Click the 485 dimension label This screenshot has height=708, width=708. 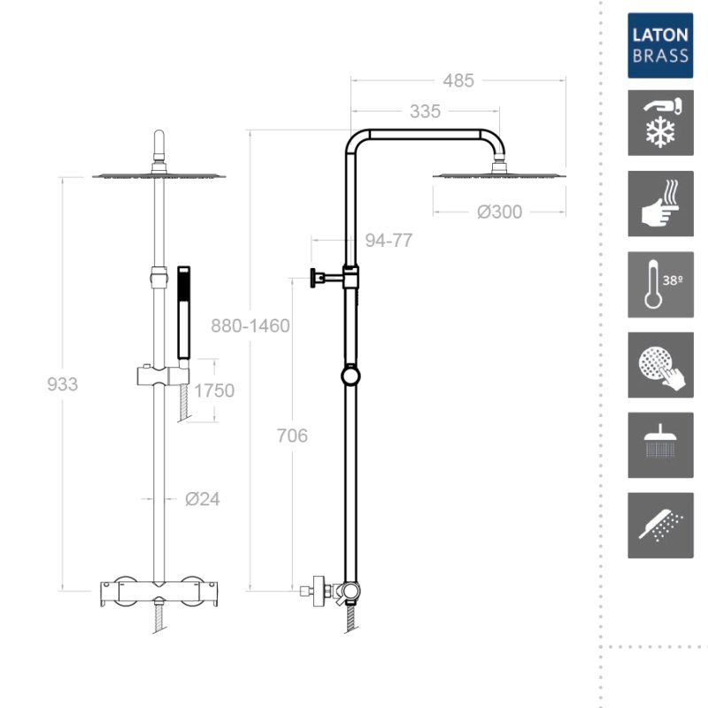(x=458, y=81)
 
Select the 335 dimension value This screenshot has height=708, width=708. (x=425, y=112)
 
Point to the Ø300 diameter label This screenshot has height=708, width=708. (x=499, y=212)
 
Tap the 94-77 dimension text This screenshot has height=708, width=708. (x=389, y=240)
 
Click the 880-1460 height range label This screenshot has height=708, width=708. (x=250, y=326)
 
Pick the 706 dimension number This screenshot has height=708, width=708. (x=292, y=435)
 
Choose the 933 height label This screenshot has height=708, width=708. (x=62, y=384)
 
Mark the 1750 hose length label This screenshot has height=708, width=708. (x=214, y=390)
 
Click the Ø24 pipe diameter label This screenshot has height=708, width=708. (x=203, y=499)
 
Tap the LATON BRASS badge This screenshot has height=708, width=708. (x=660, y=46)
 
